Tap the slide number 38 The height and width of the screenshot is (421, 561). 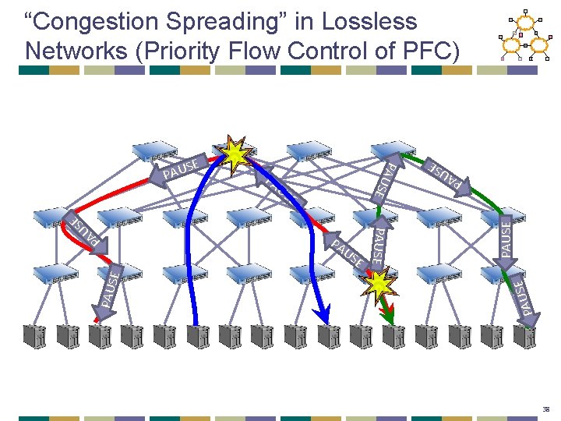pyautogui.click(x=546, y=408)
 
